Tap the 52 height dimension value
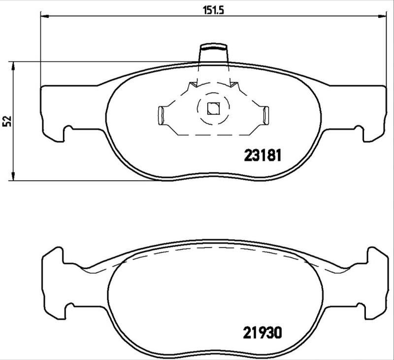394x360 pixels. click(x=7, y=121)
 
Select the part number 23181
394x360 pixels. click(x=263, y=156)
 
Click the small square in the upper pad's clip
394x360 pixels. click(x=213, y=107)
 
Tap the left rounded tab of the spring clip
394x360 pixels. click(x=160, y=115)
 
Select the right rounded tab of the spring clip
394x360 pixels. click(x=266, y=115)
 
